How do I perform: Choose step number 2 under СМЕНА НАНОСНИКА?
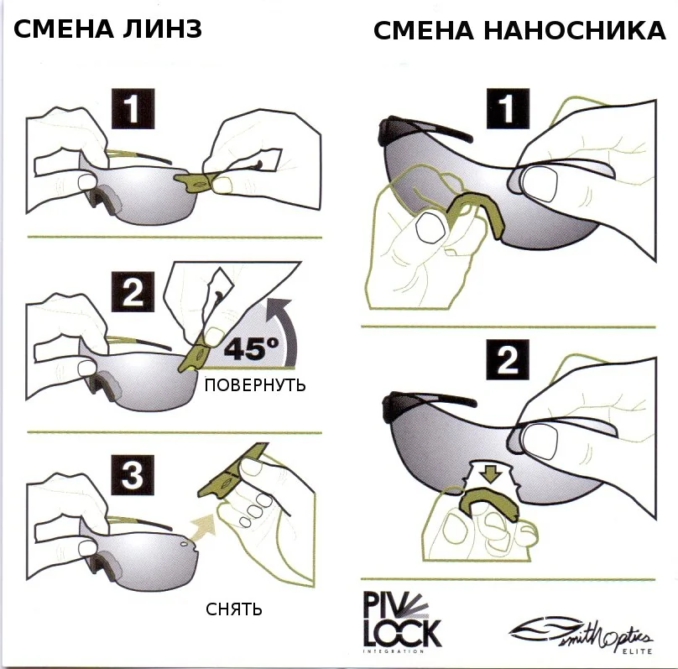tap(506, 360)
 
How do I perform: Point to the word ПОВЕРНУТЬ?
tap(255, 385)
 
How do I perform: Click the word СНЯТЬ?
tap(234, 608)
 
